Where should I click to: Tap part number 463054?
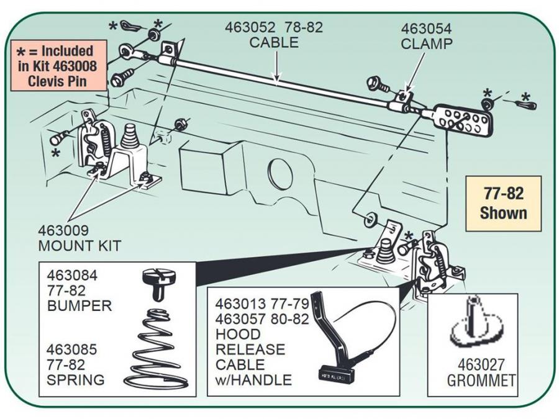pos(426,29)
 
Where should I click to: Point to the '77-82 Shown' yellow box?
pos(503,203)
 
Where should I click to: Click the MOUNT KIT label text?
pos(80,245)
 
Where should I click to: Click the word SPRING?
pos(75,379)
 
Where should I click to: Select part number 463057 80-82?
pos(261,320)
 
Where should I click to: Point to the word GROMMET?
pos(482,380)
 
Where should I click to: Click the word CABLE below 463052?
pos(274,43)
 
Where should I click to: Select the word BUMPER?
pos(79,305)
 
